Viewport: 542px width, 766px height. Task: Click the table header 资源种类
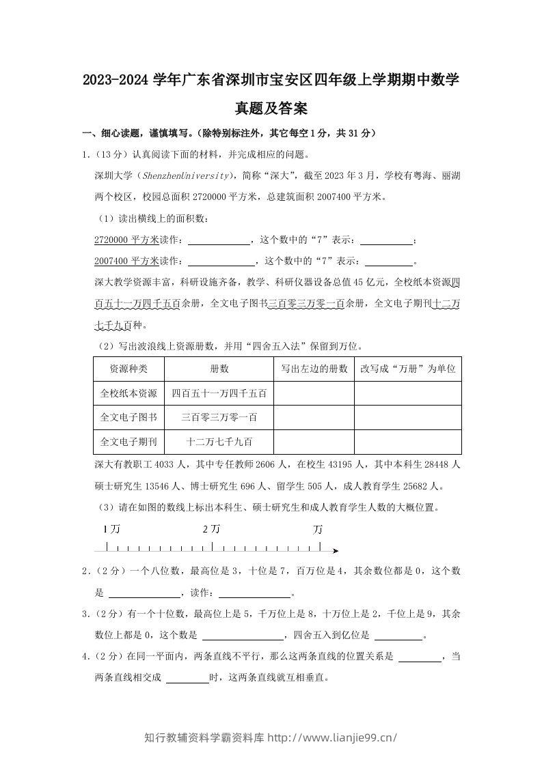128,369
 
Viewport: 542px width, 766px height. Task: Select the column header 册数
219,369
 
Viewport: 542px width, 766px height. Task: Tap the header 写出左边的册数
314,369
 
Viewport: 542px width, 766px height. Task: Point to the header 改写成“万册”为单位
407,369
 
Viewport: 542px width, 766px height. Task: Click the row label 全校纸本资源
128,393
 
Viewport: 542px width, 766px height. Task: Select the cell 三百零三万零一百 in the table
219,417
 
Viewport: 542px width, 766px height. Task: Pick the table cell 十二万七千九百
219,442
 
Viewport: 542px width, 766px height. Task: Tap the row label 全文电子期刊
128,442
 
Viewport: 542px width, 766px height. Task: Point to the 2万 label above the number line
211,529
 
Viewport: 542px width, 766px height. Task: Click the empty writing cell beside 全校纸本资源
314,393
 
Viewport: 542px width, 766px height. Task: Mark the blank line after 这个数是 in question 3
243,636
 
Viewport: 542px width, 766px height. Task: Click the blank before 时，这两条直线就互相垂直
187,679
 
